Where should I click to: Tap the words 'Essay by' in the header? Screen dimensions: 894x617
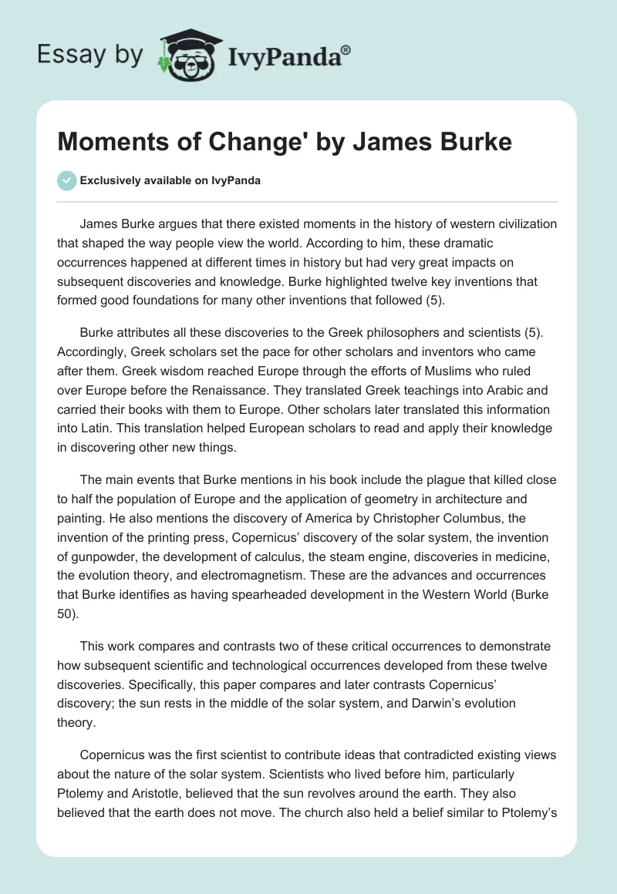pyautogui.click(x=90, y=55)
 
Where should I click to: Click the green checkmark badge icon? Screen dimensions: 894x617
pyautogui.click(x=67, y=181)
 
